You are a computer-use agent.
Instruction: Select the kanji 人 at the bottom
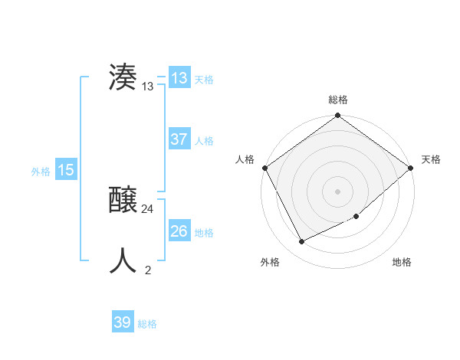tap(123, 260)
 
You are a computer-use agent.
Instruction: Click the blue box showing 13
tap(179, 78)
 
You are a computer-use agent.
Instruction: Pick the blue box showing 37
tap(179, 139)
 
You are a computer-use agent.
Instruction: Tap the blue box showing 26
tap(179, 231)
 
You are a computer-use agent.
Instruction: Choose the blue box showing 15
tap(66, 170)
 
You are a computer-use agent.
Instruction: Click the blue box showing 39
tap(123, 322)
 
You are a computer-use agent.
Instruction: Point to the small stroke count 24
tap(148, 208)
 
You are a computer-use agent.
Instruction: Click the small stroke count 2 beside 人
tap(148, 270)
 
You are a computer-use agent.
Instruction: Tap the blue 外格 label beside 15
tap(41, 172)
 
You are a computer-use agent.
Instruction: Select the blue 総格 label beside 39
tap(147, 324)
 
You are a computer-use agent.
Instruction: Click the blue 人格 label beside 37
tap(204, 141)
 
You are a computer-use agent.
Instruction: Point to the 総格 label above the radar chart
tap(338, 100)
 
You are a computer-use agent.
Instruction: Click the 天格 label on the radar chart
tap(431, 159)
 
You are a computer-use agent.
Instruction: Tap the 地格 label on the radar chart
tap(402, 263)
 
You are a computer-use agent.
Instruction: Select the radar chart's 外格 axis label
tap(270, 263)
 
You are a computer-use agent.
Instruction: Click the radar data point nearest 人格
tap(265, 168)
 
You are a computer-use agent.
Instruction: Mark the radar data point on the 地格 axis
tap(356, 216)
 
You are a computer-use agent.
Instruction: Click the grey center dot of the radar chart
tap(337, 191)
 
